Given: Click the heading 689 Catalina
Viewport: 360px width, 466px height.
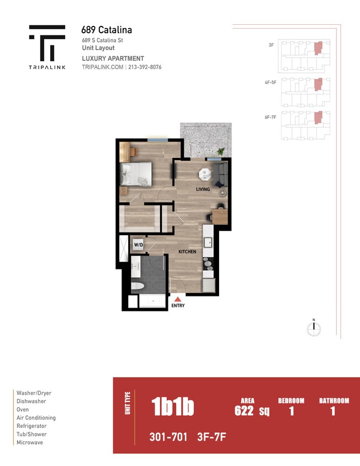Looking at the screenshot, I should [x=107, y=30].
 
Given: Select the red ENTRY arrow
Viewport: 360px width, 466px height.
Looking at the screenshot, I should [x=178, y=298].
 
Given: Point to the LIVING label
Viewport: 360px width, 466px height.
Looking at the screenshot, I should [x=203, y=189].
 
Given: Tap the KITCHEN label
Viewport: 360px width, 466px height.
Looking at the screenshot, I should [x=187, y=252].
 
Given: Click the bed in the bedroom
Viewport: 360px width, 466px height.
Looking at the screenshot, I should [x=136, y=173].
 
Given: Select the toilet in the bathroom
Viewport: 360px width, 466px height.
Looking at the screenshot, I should [x=139, y=286].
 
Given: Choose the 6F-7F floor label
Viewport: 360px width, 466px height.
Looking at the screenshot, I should [x=271, y=117].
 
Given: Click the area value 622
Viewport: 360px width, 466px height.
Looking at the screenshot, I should [x=244, y=411].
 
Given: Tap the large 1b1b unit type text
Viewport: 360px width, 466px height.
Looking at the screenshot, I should [x=172, y=407].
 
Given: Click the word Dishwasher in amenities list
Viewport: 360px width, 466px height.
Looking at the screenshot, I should [x=31, y=401].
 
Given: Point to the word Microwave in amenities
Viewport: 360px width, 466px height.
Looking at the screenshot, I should [x=29, y=442].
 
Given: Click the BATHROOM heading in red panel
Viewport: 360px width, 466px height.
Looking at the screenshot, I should [x=334, y=400].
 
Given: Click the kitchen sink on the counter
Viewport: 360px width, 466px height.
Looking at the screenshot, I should [x=209, y=242].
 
